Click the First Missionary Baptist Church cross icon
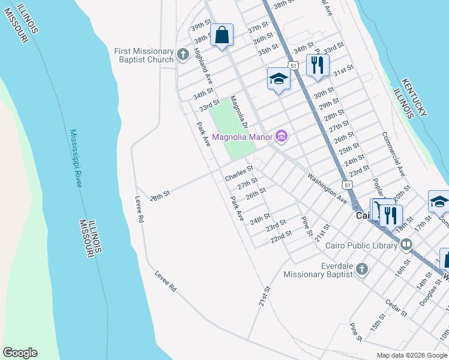[184, 56]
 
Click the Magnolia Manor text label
[242, 137]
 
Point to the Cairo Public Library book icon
[406, 244]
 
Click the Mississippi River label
[75, 158]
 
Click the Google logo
[20, 353]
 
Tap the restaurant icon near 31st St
[317, 65]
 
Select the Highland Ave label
[203, 65]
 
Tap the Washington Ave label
[327, 188]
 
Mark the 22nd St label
[281, 236]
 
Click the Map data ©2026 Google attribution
[411, 355]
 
